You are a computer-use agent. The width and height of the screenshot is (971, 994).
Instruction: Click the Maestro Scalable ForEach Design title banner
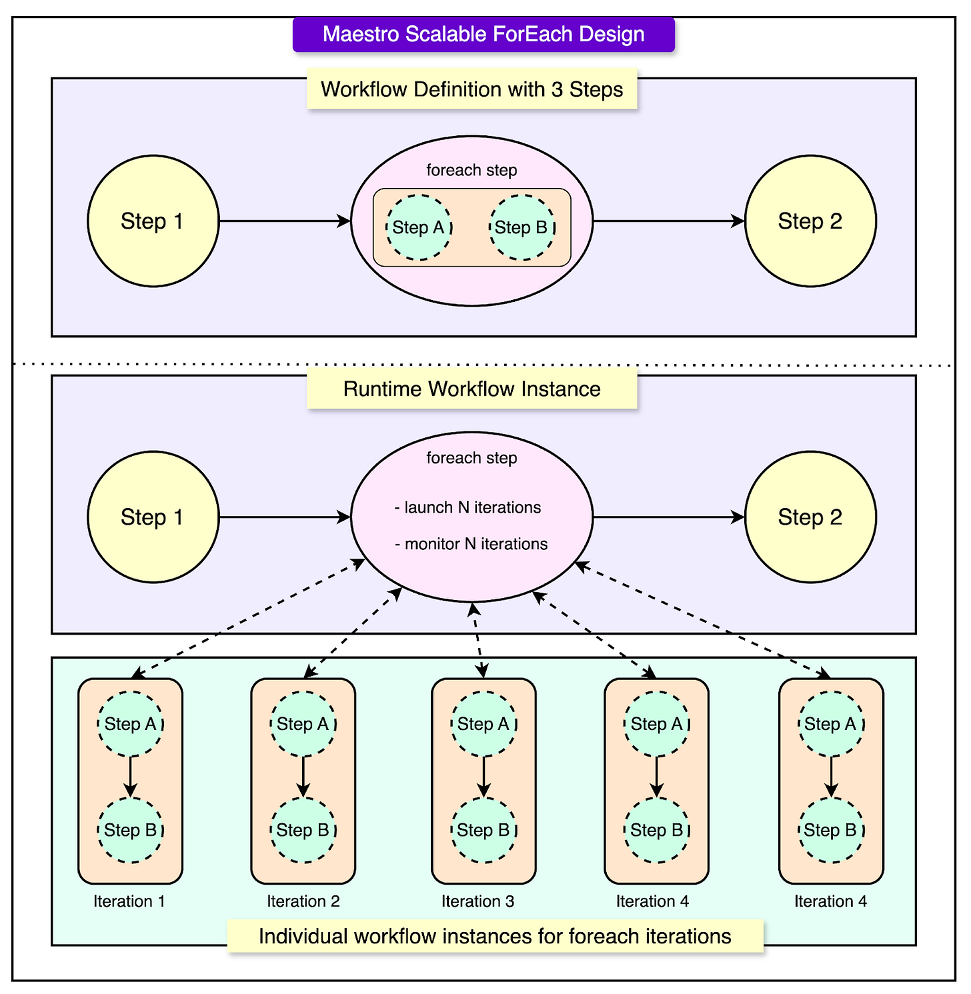click(483, 35)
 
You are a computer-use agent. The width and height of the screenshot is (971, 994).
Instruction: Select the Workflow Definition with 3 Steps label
click(471, 89)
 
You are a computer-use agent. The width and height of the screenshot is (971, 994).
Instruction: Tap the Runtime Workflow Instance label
click(471, 389)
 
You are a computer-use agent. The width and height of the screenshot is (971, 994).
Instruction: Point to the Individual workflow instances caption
click(495, 936)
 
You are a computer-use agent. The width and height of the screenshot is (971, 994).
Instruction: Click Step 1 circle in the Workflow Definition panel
click(153, 221)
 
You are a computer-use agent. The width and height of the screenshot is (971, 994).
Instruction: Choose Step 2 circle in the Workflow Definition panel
click(810, 221)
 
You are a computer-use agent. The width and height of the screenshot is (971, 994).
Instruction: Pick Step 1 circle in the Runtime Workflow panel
click(153, 517)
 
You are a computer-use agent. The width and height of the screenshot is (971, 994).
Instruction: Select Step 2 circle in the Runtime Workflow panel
click(810, 517)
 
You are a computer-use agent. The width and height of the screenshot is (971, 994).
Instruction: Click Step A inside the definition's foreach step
click(419, 227)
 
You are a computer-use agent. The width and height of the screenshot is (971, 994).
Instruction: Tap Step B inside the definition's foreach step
click(522, 227)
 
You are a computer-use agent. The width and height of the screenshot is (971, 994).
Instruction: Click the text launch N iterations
click(468, 507)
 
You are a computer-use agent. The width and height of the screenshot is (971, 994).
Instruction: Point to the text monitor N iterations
click(471, 544)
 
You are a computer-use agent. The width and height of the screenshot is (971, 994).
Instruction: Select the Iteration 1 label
click(129, 901)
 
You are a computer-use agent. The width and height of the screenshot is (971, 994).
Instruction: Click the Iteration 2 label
click(303, 901)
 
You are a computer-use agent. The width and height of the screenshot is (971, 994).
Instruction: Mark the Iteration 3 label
click(477, 901)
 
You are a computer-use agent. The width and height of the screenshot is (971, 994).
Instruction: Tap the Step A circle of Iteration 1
click(130, 724)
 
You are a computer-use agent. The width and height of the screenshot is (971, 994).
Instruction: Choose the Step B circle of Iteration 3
click(483, 830)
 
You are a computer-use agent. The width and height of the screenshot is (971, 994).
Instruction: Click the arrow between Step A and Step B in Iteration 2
click(303, 777)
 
